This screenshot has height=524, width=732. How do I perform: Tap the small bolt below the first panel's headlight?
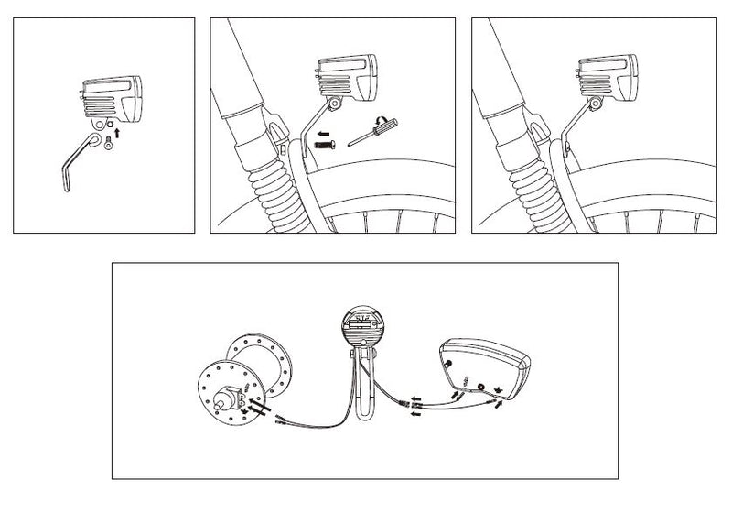coord(110,140)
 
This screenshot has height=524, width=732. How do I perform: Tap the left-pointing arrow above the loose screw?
coord(321,132)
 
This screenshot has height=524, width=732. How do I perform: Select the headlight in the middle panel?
coord(348,78)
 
